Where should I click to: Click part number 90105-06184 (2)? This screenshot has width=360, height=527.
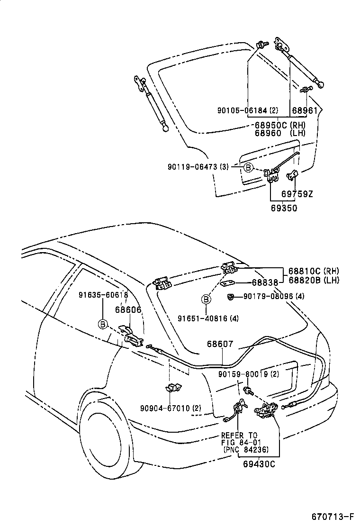248,111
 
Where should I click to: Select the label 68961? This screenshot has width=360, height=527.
305,111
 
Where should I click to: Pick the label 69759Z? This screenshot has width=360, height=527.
297,194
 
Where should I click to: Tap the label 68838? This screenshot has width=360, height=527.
265,282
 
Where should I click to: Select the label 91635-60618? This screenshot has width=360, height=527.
103,295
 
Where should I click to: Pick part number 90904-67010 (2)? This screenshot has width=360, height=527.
171,408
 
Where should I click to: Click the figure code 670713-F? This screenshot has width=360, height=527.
333,516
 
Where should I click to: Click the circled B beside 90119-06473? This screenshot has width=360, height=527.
248,167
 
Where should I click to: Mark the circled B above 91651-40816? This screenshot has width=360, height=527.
206,299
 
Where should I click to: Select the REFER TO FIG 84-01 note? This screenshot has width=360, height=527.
239,443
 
